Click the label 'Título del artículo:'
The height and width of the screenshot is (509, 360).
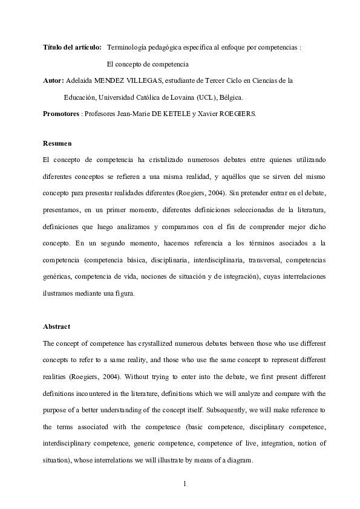[72, 47]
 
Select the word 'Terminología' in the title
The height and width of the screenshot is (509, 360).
[128, 47]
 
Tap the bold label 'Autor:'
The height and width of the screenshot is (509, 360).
[53, 80]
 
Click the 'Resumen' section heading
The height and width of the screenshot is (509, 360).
[57, 144]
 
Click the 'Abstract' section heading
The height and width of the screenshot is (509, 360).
[57, 326]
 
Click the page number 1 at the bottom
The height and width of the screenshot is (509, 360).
[185, 485]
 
